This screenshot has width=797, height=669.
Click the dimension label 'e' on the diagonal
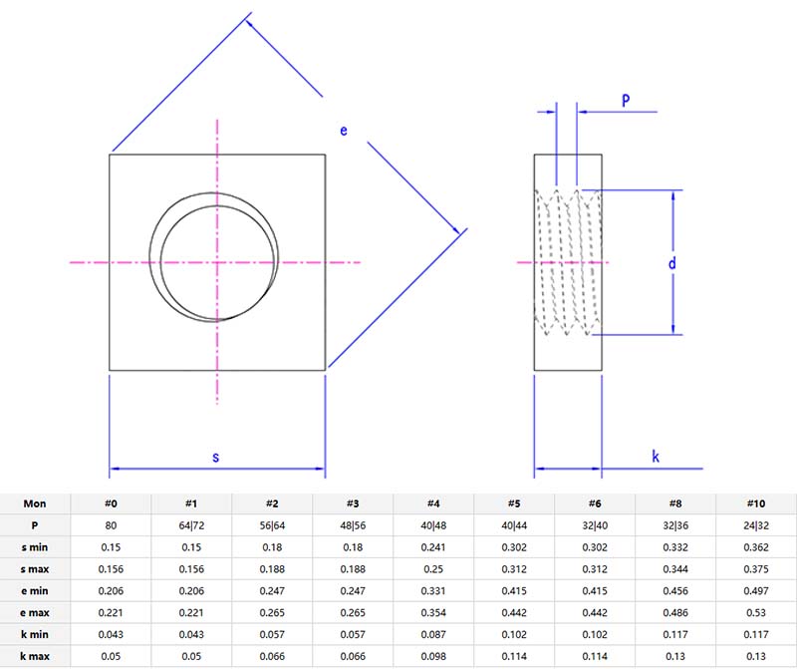point(344,131)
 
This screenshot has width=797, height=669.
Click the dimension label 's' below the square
point(216,457)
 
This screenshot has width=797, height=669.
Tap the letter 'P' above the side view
point(626,100)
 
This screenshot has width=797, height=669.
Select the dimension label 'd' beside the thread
point(672,263)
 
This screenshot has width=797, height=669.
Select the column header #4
point(433,503)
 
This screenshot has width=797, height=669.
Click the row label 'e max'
point(35,611)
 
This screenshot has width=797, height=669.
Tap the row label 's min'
point(35,546)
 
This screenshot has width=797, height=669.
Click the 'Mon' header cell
point(35,503)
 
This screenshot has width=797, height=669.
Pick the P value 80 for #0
point(111,524)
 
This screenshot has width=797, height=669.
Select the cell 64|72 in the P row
point(191,524)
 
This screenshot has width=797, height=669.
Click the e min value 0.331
point(433,589)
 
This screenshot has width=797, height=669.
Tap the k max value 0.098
point(433,654)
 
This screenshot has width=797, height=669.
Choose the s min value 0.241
point(433,546)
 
